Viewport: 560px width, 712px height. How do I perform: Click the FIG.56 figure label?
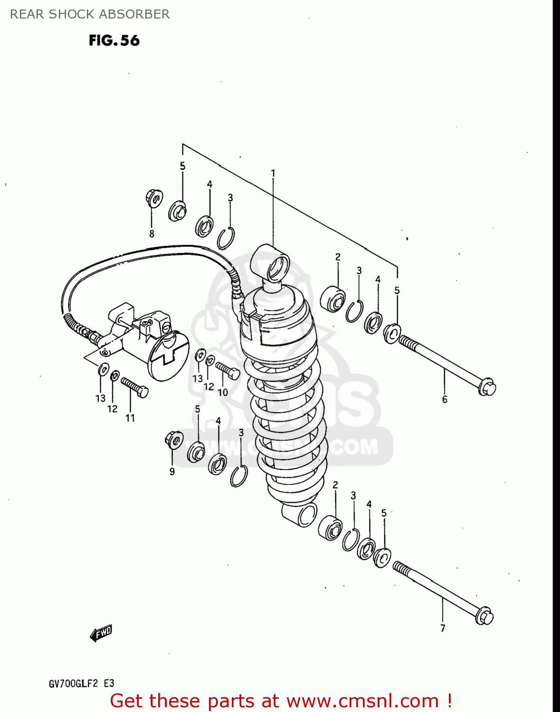(x=114, y=40)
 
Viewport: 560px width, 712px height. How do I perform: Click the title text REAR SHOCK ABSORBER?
(x=90, y=14)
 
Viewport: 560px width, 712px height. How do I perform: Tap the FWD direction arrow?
(x=101, y=633)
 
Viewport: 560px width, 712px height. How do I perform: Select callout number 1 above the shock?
(x=273, y=173)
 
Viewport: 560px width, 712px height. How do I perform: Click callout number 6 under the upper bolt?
(x=445, y=400)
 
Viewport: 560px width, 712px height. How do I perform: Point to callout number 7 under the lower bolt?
(x=443, y=628)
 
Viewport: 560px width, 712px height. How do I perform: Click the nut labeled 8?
(x=154, y=198)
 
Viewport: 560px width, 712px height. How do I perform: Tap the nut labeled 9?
(x=174, y=440)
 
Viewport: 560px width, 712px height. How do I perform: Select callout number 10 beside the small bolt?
(x=223, y=393)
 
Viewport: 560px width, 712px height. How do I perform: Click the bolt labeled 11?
(x=135, y=387)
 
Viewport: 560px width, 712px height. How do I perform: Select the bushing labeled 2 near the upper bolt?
(x=333, y=299)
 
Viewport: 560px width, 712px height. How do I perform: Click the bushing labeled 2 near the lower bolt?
(x=331, y=527)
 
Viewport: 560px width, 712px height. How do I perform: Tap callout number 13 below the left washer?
(x=101, y=398)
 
